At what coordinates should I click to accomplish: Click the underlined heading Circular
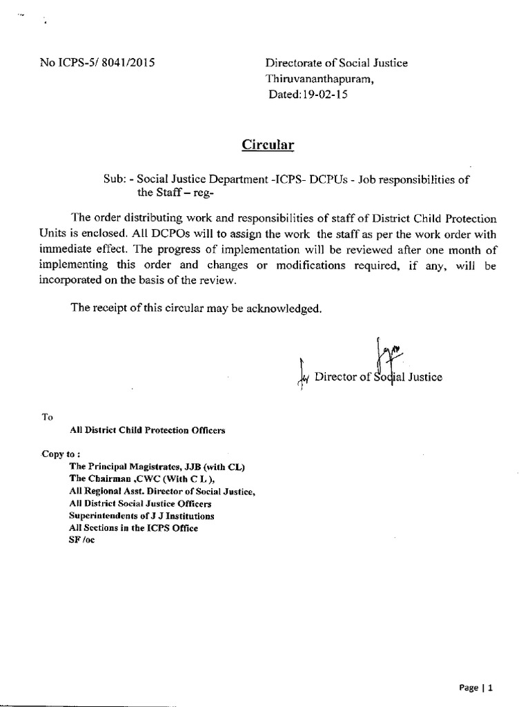coord(268,145)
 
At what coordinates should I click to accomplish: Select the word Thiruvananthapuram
coord(322,79)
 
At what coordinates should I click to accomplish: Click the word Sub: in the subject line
coord(115,179)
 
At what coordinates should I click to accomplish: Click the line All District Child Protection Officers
coord(148,430)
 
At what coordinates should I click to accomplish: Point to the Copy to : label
coord(61,454)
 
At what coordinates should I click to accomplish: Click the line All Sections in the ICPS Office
coord(134,528)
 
